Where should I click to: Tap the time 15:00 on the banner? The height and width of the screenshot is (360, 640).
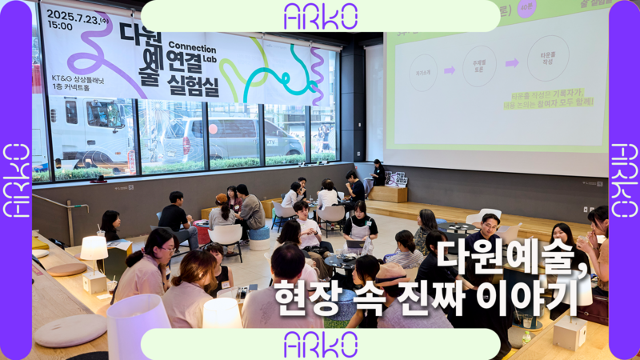point(59,26)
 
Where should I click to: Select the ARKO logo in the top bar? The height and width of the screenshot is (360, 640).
point(320,15)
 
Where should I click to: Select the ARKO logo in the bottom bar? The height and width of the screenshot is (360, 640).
point(320,344)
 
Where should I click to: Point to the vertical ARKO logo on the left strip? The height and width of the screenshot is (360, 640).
point(15,180)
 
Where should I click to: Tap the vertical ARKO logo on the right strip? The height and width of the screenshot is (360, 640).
point(624,180)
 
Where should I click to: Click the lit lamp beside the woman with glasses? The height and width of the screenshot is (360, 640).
point(94,250)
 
